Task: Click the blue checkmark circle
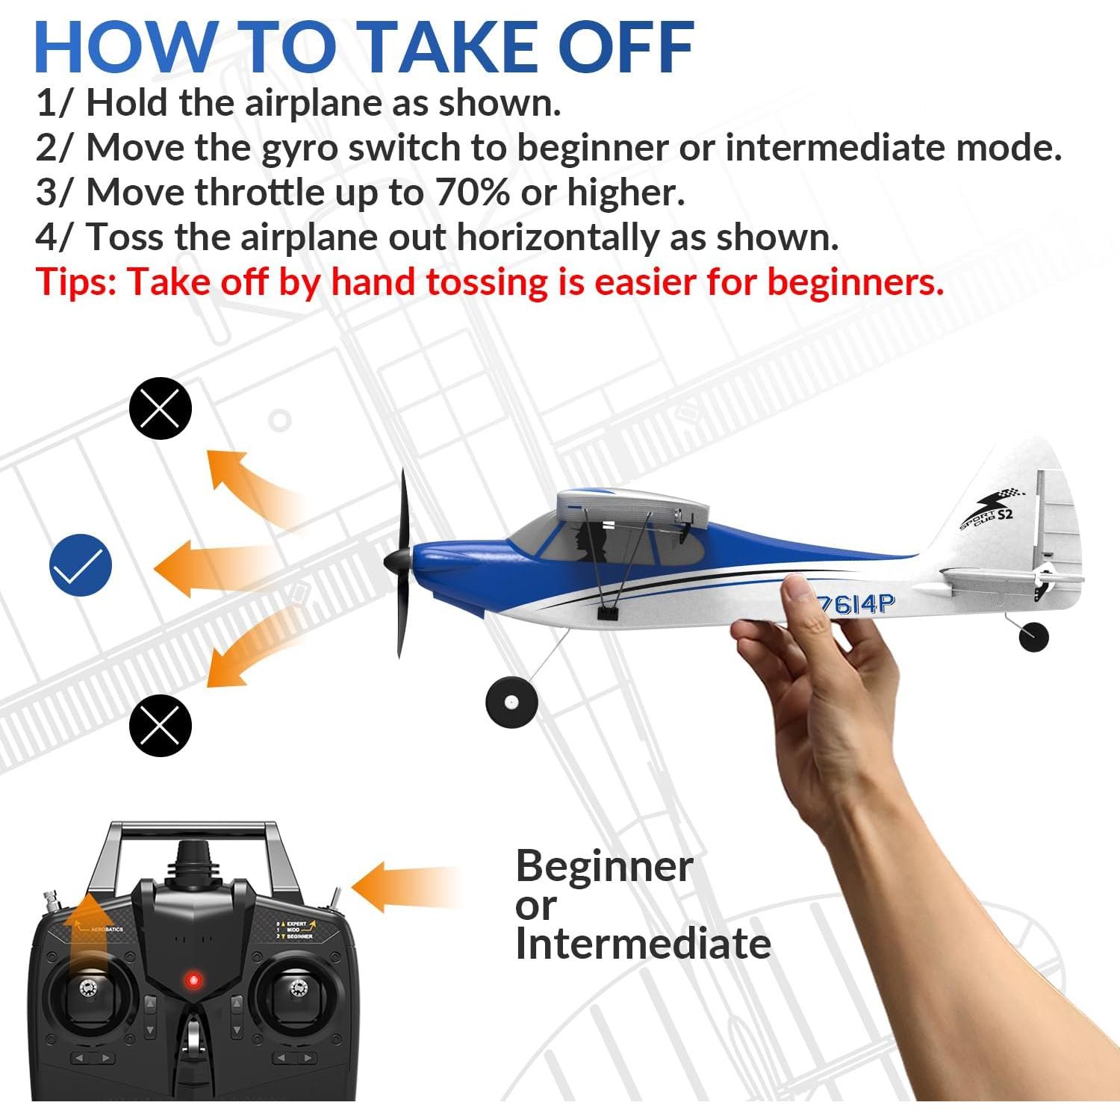[x=81, y=565]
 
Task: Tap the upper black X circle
[x=161, y=408]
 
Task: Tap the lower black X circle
[x=161, y=725]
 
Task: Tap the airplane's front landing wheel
[x=511, y=703]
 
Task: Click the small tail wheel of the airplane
[x=1033, y=637]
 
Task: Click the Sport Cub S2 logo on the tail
[x=989, y=511]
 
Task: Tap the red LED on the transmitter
[x=193, y=980]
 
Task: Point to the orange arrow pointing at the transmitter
[x=403, y=887]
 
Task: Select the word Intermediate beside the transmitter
[x=642, y=944]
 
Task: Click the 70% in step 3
[x=472, y=193]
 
